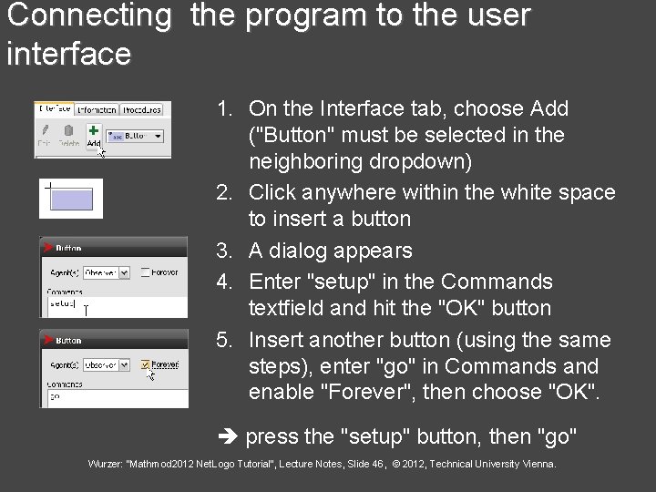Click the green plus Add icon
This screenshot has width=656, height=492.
93,131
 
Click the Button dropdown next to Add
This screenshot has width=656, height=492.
135,135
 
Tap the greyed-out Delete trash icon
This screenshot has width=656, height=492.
69,132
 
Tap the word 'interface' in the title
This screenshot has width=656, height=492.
68,54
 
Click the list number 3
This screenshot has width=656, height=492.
222,251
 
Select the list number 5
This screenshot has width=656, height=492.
222,340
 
